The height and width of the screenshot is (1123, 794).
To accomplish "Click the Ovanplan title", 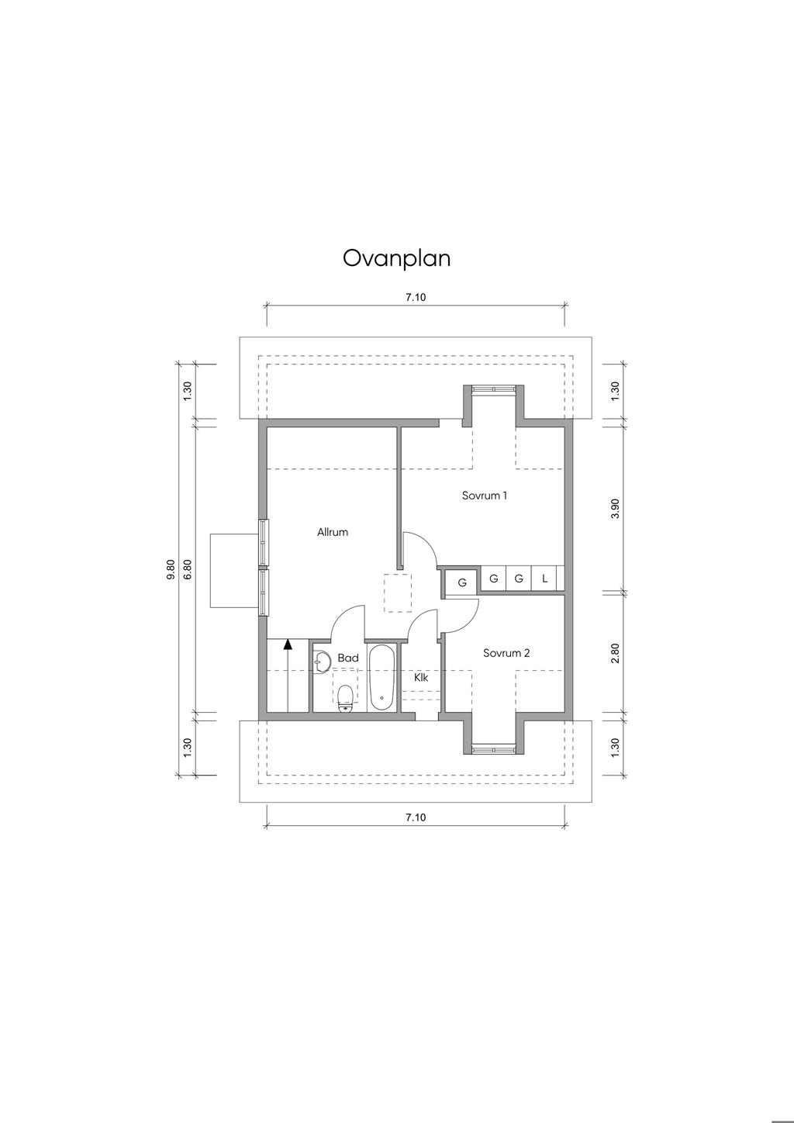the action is [x=396, y=259].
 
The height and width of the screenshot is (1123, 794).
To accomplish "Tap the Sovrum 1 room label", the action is [x=484, y=496].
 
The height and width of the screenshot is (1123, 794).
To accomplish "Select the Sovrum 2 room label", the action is [x=506, y=653].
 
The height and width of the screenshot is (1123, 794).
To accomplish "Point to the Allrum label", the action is [x=333, y=533].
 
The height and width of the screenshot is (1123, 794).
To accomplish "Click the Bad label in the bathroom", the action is [x=348, y=658].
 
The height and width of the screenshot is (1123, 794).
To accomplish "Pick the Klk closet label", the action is [x=421, y=678].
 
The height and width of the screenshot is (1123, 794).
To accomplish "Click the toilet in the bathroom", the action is [x=345, y=699].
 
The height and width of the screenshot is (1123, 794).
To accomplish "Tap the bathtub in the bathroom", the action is [x=381, y=677].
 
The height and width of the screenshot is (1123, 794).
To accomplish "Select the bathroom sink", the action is [x=321, y=662].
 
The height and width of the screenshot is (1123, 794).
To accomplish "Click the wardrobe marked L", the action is [x=545, y=579].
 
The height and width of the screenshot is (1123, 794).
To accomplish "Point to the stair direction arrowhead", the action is [x=288, y=644].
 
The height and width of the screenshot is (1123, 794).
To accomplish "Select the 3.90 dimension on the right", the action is [x=616, y=509].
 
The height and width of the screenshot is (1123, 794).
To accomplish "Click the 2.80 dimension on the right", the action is [x=616, y=653].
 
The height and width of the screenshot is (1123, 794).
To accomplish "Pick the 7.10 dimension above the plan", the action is [x=416, y=297].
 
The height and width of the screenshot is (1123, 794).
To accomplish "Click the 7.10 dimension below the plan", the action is [x=416, y=817].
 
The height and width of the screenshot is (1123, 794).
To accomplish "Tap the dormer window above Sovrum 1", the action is [x=494, y=389].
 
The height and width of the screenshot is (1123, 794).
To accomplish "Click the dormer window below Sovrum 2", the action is [x=494, y=750].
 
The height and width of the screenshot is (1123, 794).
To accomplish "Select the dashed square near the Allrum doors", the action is [x=398, y=593].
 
